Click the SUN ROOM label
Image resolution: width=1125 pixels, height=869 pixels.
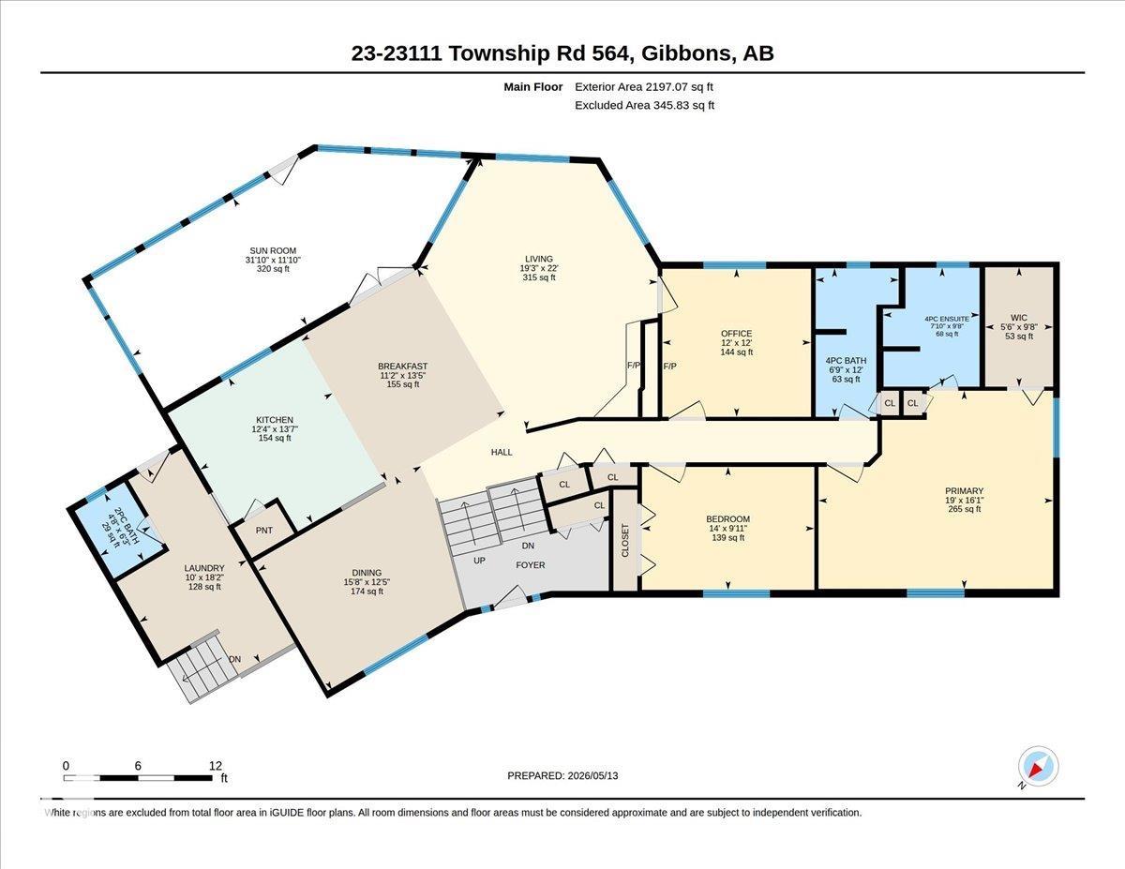coord(273,251)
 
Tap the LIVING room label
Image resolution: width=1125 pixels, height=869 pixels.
coord(539,259)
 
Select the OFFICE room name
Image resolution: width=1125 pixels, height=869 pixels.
coord(736,334)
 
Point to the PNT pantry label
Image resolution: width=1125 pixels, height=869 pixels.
coord(264,530)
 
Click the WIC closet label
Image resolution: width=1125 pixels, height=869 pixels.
coord(1019,317)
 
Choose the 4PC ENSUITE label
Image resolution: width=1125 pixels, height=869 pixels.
coord(947,319)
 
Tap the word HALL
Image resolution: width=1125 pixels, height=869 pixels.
coord(502,452)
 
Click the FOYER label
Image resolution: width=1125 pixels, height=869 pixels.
coord(530,564)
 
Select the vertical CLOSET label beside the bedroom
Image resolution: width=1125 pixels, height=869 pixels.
coord(625,540)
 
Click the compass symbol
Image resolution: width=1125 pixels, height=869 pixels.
coord(1038,781)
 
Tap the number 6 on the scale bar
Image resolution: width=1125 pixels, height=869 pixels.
coord(138,766)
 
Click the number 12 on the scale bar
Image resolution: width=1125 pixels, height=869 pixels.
coord(216,766)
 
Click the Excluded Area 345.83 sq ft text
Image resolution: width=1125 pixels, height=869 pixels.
coord(645,105)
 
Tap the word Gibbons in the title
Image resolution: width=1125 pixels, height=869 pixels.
coord(683,53)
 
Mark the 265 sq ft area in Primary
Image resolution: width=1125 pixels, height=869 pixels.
coord(964,509)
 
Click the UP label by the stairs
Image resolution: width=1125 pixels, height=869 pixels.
coord(479,560)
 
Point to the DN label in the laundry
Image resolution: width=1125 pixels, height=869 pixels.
coord(235,659)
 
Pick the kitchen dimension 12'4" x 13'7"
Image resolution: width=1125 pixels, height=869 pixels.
coord(275,428)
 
